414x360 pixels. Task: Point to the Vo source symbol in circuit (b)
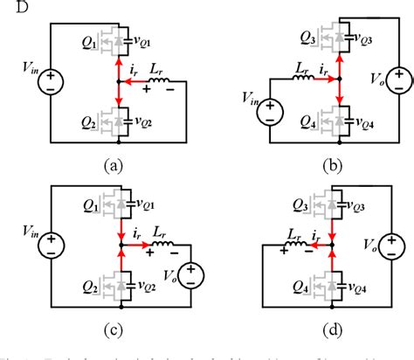pyautogui.click(x=398, y=80)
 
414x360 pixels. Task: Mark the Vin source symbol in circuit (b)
pyautogui.click(x=268, y=111)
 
